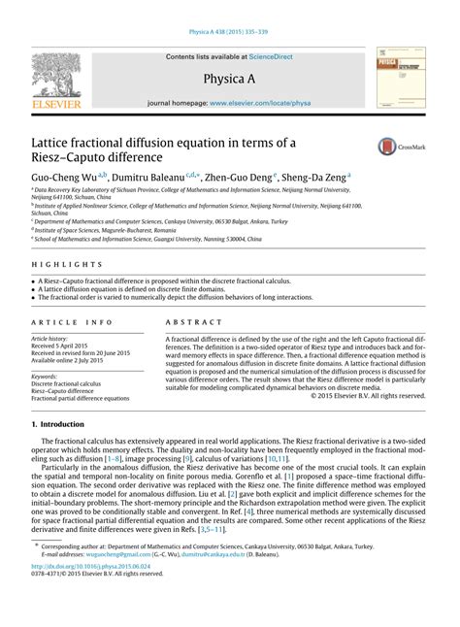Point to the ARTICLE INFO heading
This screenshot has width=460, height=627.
[x=68, y=320]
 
